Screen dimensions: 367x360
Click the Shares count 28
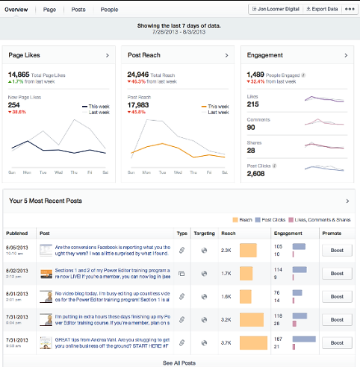252,151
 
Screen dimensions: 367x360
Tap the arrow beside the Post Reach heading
226,55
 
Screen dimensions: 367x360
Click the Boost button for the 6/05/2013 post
336,251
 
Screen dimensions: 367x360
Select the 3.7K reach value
226,344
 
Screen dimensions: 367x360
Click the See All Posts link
179,363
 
